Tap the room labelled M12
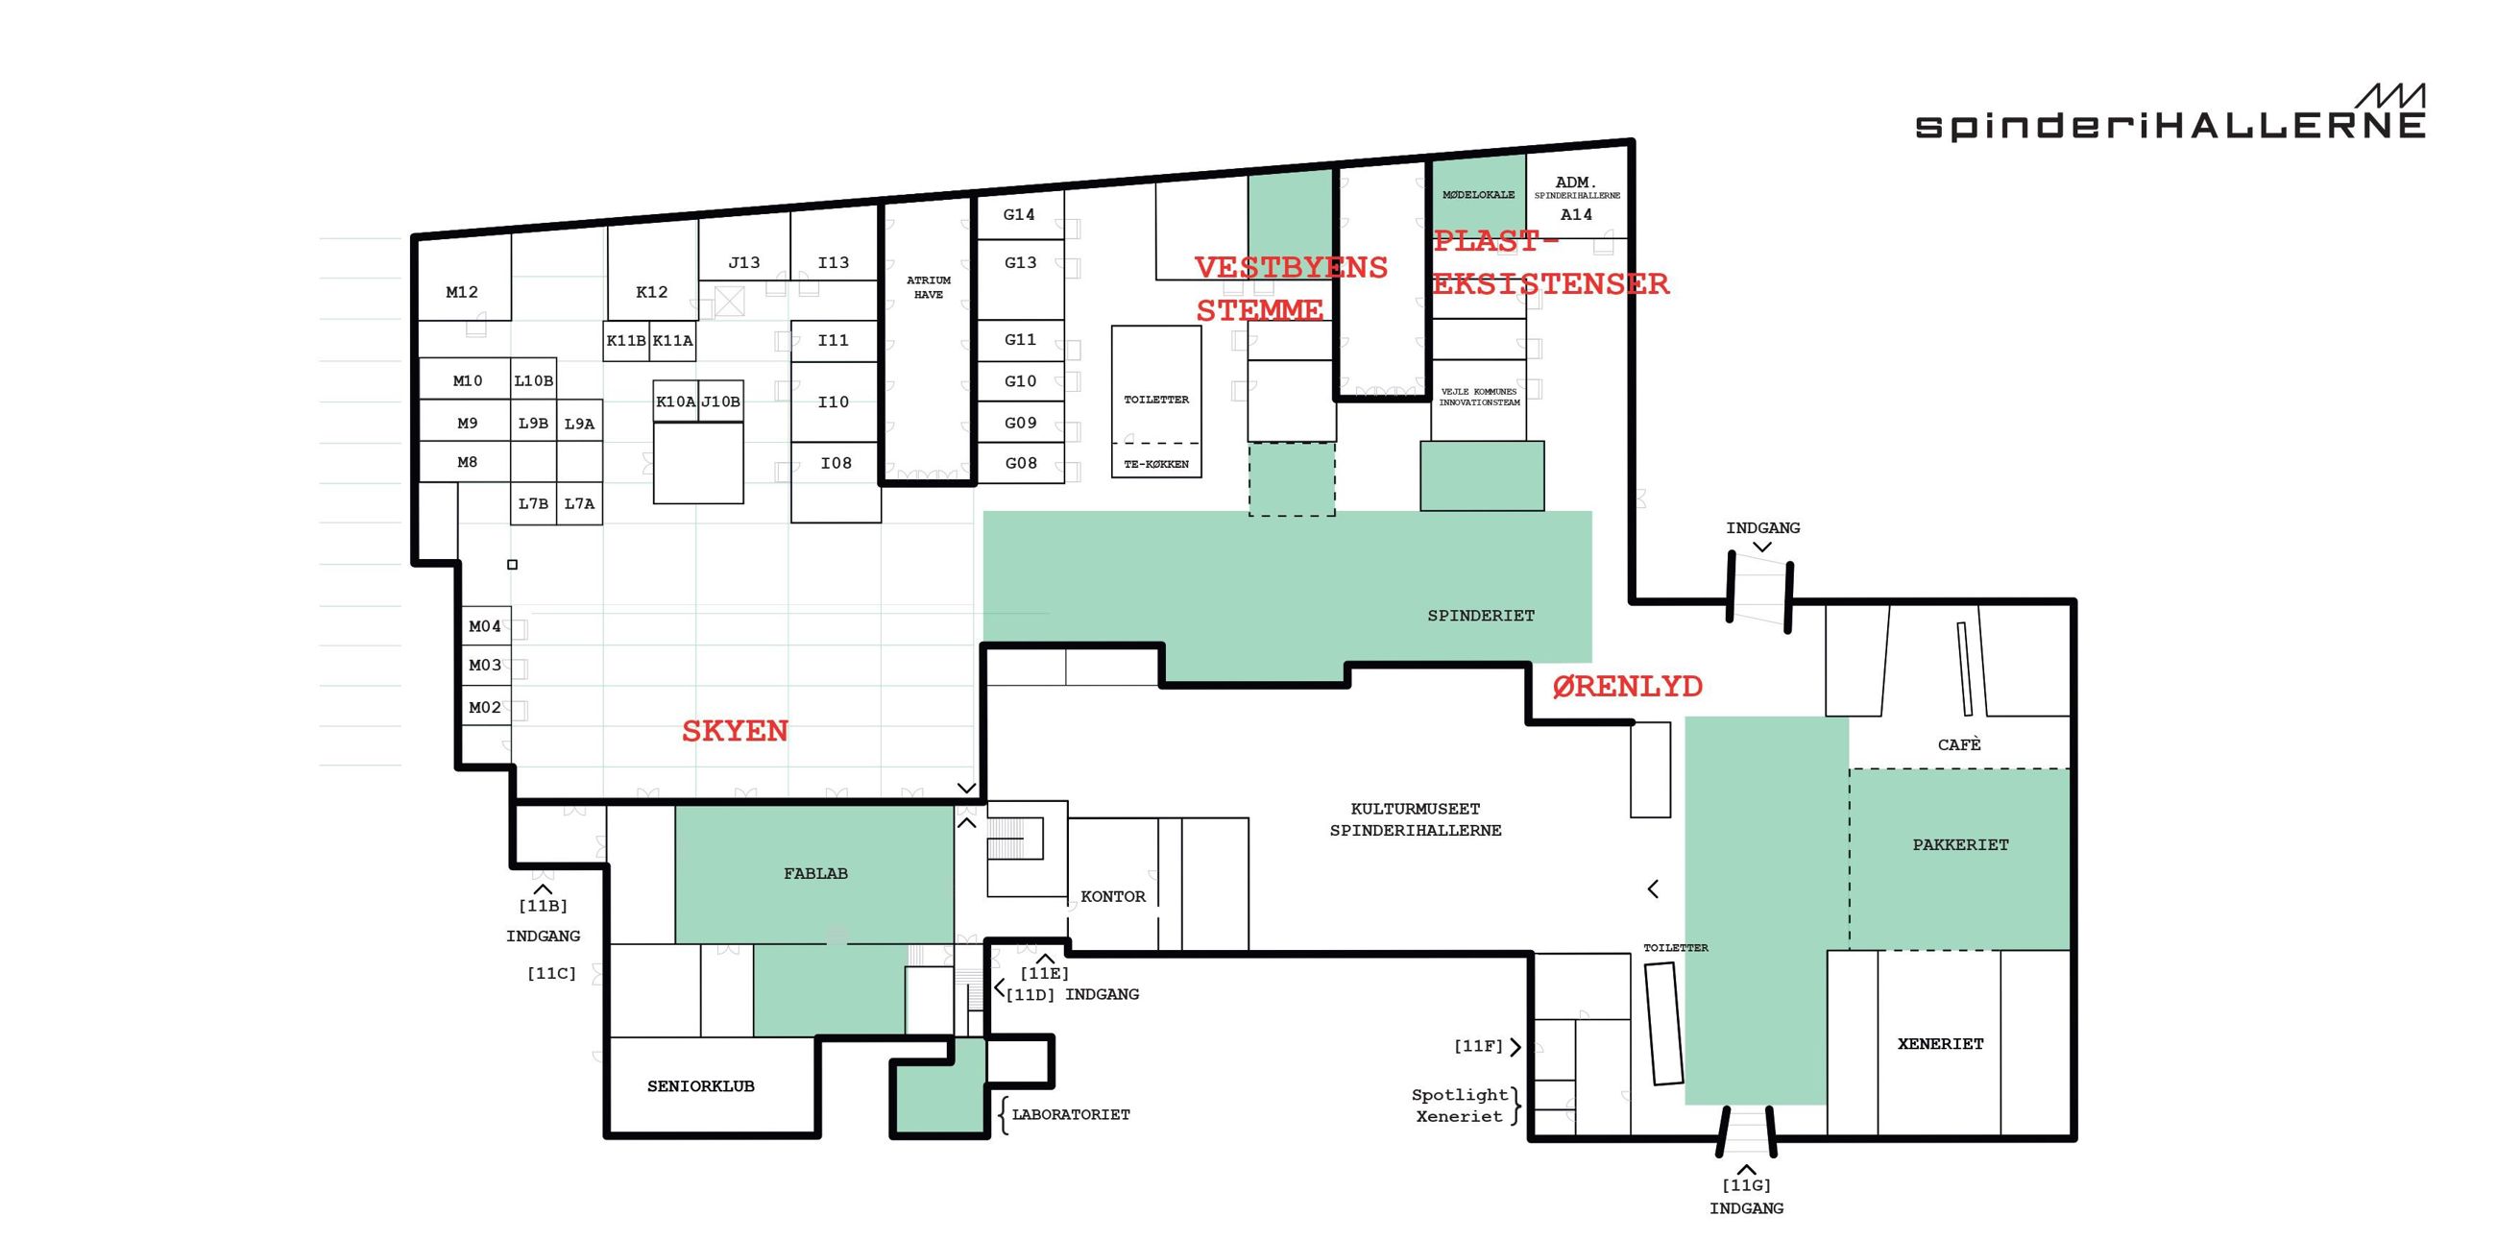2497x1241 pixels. pos(462,292)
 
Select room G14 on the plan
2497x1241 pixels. pos(1019,214)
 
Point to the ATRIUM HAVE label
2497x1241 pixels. pos(929,287)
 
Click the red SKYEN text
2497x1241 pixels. pos(735,731)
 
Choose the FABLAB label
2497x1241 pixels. pos(815,873)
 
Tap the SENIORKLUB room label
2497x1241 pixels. pos(701,1085)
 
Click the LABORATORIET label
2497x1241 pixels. pos(1071,1115)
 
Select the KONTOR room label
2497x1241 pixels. pos(1113,897)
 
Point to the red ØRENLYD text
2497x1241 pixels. pos(1628,687)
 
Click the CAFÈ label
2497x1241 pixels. pos(1959,744)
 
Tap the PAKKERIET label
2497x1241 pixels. pos(1960,844)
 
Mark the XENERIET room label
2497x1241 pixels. pos(1941,1044)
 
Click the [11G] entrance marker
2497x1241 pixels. pos(1746,1184)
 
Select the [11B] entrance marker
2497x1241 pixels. pos(543,906)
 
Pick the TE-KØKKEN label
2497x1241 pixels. pos(1156,464)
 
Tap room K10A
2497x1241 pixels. pos(675,401)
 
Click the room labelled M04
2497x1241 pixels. pos(485,626)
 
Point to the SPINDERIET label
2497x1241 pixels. pos(1481,616)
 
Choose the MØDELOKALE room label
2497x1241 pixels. pos(1478,195)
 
